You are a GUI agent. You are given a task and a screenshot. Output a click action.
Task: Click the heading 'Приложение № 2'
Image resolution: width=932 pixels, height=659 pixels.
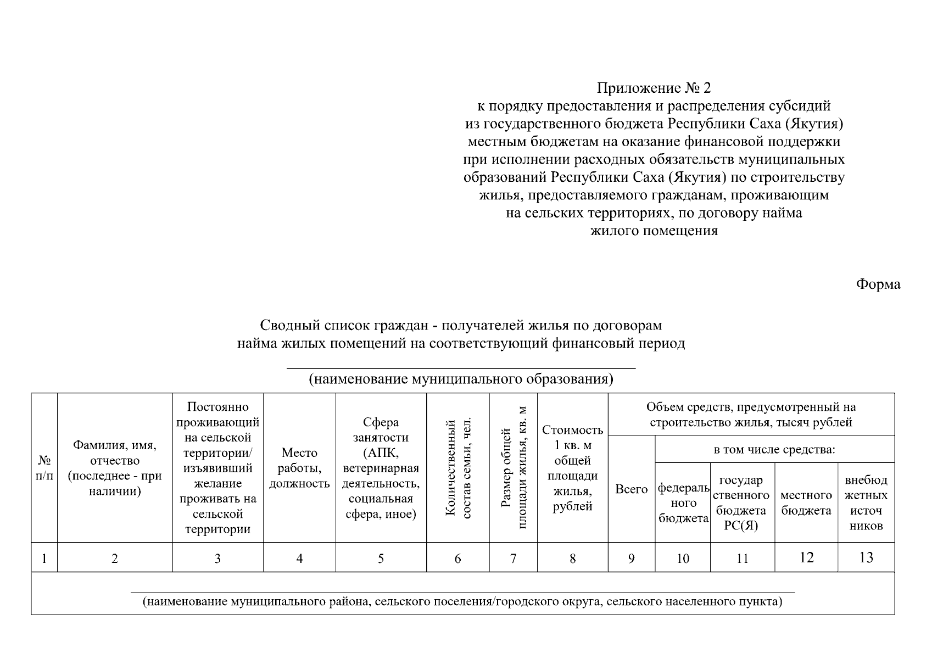[654, 88]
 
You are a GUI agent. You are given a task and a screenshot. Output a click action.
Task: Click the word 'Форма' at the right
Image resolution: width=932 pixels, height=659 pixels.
[878, 284]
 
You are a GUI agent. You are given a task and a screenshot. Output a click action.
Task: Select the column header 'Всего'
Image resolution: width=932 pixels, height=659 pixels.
[631, 489]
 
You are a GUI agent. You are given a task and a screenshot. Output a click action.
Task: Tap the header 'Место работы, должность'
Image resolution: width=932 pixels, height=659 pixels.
[299, 468]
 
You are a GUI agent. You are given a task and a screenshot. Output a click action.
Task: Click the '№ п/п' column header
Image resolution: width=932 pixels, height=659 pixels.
[44, 468]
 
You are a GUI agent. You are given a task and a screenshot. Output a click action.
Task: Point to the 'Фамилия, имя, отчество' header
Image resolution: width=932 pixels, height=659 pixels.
[115, 468]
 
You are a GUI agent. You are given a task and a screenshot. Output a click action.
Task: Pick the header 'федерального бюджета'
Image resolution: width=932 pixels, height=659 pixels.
[683, 502]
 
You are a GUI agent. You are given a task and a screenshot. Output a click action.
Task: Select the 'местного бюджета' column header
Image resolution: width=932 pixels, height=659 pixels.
[806, 502]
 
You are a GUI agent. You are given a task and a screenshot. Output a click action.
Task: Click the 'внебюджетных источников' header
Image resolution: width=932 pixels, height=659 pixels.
[866, 502]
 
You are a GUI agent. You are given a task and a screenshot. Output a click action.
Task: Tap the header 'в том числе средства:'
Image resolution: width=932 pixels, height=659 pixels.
[774, 450]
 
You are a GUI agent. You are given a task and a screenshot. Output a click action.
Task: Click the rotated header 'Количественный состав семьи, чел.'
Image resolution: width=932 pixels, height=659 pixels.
[458, 468]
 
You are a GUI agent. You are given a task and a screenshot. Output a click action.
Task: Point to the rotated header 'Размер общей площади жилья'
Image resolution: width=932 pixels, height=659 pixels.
[514, 468]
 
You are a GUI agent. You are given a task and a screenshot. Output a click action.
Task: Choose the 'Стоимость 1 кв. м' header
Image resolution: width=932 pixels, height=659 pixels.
[572, 468]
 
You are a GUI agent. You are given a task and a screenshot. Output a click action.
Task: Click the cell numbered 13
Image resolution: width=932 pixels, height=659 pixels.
[866, 558]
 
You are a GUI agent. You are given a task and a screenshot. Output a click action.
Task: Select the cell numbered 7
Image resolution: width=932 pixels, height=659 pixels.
[513, 559]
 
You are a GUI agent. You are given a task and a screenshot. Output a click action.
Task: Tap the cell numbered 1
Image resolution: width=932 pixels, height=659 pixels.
[44, 559]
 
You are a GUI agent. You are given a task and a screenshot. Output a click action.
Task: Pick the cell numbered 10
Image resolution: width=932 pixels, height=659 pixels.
[683, 559]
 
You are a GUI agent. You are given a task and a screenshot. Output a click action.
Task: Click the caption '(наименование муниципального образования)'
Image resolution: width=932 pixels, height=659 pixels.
[461, 379]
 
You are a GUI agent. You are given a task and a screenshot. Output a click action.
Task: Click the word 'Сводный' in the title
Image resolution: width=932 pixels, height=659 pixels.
[282, 325]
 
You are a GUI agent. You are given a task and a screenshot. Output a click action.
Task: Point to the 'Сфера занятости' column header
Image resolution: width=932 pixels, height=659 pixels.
[381, 468]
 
